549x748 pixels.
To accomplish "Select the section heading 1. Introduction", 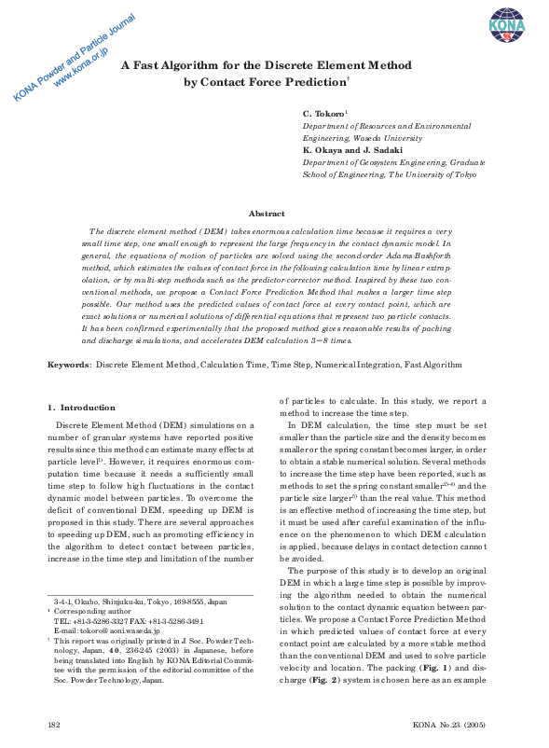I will [x=81, y=408].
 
